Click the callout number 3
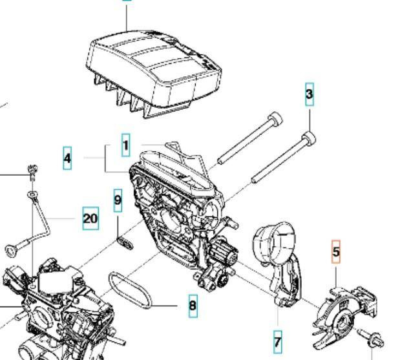[310, 95]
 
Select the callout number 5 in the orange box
[335, 251]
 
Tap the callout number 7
[278, 340]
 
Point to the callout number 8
[193, 304]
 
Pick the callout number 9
[118, 200]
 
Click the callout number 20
[90, 218]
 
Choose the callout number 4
[67, 157]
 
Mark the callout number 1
[125, 144]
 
